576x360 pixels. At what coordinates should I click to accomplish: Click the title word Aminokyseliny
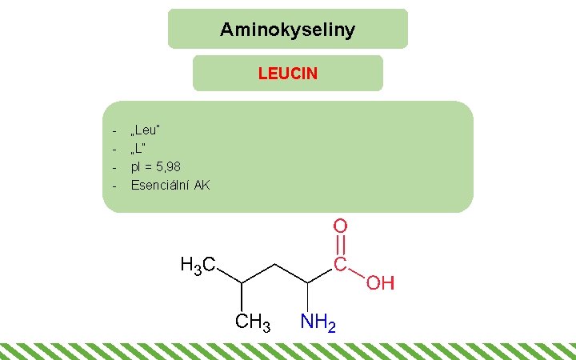tap(287, 30)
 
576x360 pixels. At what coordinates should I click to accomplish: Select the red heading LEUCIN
tap(287, 74)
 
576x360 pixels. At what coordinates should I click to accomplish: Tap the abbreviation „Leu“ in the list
tap(146, 130)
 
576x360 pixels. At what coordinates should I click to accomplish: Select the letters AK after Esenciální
tap(202, 186)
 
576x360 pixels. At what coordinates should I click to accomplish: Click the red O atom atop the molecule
tap(340, 227)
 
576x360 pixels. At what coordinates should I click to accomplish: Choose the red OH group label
tap(381, 283)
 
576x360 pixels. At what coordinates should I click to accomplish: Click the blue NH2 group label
tap(318, 322)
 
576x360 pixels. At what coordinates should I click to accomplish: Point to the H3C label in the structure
tap(196, 265)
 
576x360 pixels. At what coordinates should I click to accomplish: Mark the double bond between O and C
tap(340, 246)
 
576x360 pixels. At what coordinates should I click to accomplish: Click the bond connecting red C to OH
tap(357, 274)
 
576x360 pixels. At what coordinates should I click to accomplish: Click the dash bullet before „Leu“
tap(114, 130)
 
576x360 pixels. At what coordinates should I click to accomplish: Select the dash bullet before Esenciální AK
tap(114, 186)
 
